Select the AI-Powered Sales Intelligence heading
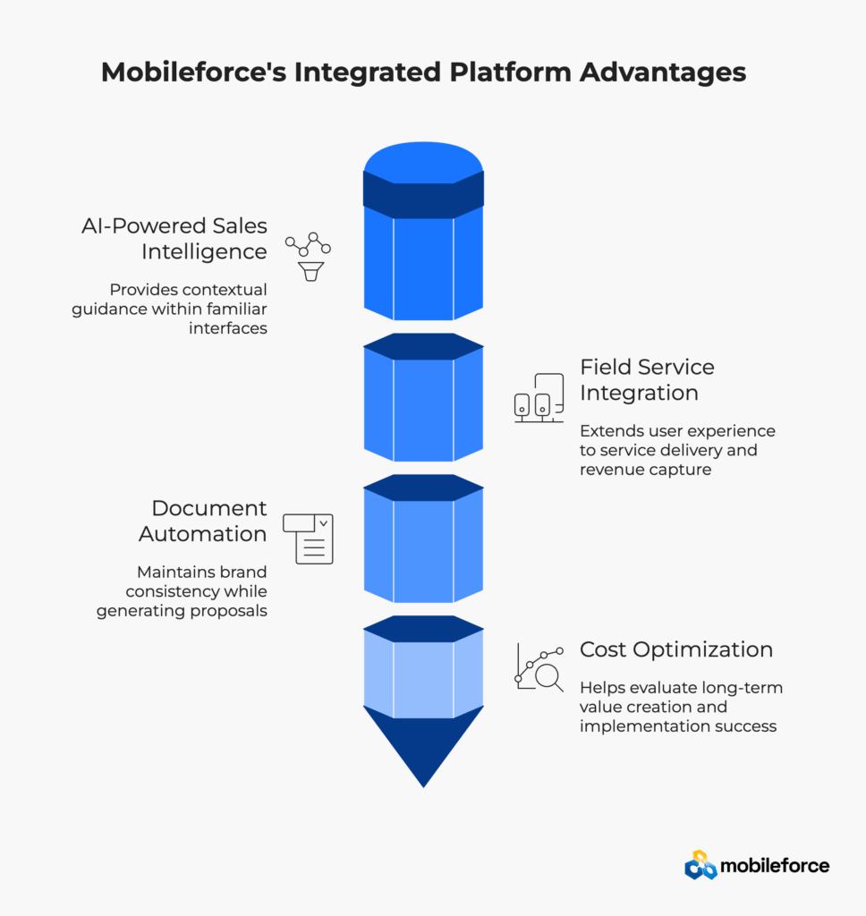[174, 239]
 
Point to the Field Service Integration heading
[647, 379]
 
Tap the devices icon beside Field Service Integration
[539, 398]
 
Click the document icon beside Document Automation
[308, 539]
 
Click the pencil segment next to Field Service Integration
[423, 403]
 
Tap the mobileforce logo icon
[700, 865]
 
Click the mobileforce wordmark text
[775, 865]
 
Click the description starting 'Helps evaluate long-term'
[681, 707]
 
